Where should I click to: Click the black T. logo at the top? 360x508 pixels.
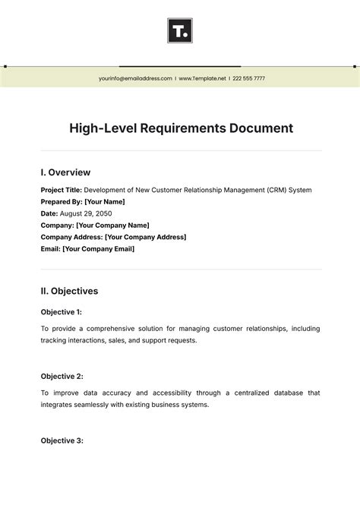180,31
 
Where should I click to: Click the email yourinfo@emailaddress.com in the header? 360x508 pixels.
134,78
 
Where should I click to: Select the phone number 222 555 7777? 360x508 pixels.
248,78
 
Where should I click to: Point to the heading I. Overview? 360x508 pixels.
65,172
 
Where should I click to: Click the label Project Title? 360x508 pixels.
61,190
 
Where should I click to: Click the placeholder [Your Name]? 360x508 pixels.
105,202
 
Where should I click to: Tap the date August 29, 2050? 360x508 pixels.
86,213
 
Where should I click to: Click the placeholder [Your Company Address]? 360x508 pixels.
145,237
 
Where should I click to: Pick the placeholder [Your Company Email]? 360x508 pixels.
98,249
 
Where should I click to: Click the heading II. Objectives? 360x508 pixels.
69,291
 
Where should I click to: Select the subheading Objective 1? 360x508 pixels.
61,311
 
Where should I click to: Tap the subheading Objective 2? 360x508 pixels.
61,376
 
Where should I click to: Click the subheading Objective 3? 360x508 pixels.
61,440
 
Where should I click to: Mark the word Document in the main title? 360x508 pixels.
260,128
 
